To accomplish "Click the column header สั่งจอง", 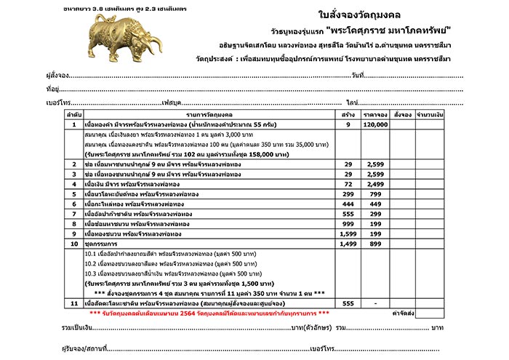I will point(402,115).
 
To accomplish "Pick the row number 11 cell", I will point(74,303).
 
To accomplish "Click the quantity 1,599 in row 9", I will point(348,234).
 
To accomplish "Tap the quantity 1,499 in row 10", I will point(348,244).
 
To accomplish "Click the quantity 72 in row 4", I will point(348,185).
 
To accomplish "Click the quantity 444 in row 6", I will point(348,205).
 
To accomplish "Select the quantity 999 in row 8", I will point(348,225).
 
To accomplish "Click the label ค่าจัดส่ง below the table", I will point(402,313).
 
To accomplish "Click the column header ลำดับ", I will point(74,115).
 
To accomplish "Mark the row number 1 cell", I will point(74,125).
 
